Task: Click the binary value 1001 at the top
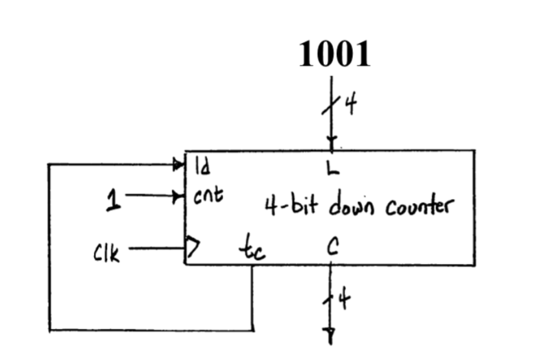tap(334, 54)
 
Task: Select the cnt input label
tap(208, 196)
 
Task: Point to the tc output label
tap(252, 248)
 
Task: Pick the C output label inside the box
tap(331, 247)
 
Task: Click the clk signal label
tap(106, 252)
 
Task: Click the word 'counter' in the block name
tap(419, 207)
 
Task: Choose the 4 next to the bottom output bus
tap(344, 300)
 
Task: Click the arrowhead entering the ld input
tap(179, 165)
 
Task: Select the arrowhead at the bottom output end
tap(330, 335)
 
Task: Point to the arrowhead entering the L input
tap(332, 143)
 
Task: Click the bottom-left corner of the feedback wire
tap(50, 330)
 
